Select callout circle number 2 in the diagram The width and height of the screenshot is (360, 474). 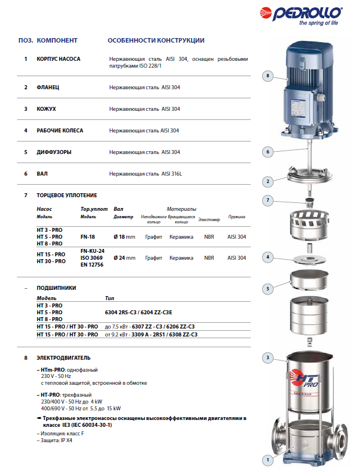pos(268,182)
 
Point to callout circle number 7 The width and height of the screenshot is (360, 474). pos(268,200)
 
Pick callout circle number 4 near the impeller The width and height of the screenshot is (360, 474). pos(268,257)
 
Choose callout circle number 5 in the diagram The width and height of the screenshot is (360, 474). pos(268,289)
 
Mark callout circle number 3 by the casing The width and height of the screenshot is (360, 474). pos(268,357)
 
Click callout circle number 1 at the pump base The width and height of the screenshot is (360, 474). pos(268,459)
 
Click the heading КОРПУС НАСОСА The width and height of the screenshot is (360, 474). pos(59,59)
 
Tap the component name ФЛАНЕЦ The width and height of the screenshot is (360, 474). pos(48,88)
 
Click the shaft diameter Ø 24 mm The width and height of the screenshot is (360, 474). pos(125,257)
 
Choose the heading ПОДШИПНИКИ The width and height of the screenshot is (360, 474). pos(56,288)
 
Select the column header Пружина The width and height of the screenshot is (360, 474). pos(237,217)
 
